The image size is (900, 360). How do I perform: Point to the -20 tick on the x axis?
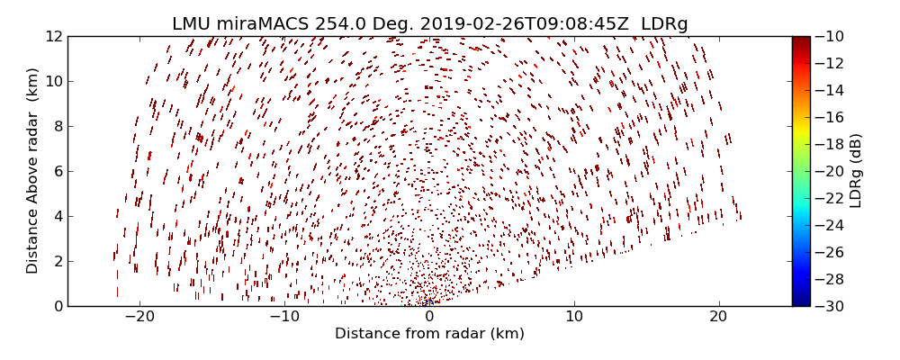(139, 317)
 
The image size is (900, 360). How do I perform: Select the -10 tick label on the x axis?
(284, 317)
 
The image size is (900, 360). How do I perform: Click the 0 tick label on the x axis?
(429, 317)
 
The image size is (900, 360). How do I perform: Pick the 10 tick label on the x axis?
(574, 317)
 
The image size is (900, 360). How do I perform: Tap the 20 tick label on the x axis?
(718, 317)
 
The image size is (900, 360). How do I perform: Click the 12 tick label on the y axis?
(53, 36)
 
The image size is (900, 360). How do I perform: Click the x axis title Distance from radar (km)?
(429, 334)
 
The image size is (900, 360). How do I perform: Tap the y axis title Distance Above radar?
(33, 171)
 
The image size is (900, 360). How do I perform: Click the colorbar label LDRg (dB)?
(856, 171)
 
